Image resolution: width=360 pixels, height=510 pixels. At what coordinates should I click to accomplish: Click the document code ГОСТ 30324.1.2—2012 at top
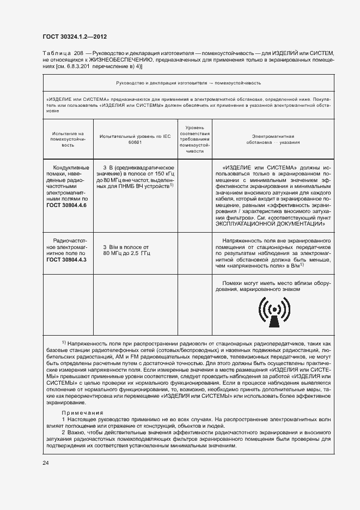click(x=74, y=37)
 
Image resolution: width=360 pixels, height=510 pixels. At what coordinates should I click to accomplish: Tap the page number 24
click(x=46, y=462)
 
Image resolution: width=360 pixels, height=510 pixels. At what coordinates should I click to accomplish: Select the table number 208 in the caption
click(x=78, y=52)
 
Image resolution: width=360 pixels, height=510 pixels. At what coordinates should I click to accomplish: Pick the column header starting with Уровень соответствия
click(x=194, y=139)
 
